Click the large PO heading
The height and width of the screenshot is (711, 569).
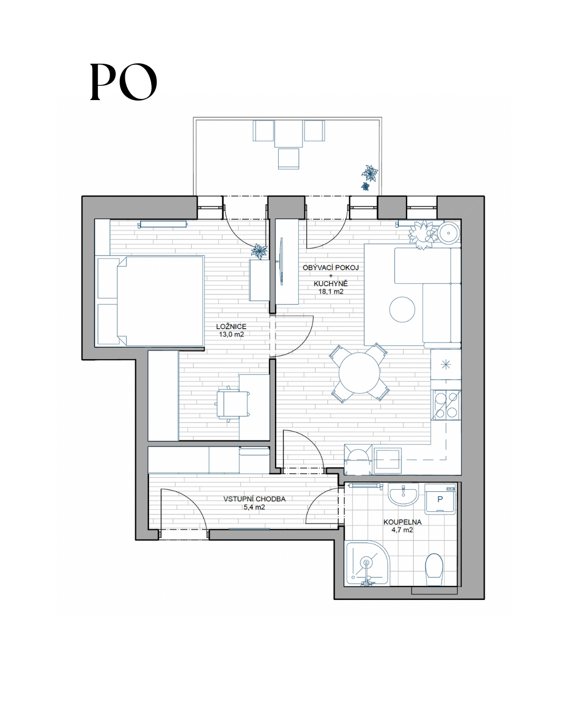(x=123, y=82)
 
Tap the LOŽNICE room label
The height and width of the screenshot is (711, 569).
(x=231, y=327)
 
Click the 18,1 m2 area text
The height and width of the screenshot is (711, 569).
(x=331, y=291)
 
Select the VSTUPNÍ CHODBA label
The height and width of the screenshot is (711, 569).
(x=254, y=499)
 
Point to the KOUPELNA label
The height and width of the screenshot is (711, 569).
(x=403, y=522)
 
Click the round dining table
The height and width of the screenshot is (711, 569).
(x=359, y=373)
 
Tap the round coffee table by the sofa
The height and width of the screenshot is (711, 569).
(x=402, y=309)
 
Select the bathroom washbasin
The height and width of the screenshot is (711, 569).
(x=403, y=494)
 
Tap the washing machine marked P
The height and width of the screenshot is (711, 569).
(x=440, y=499)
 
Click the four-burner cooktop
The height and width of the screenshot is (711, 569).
(x=446, y=405)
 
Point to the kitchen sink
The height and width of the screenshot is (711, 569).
(x=387, y=460)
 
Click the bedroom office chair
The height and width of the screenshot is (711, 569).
(x=232, y=404)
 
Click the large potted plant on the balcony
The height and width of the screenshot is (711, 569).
(x=370, y=173)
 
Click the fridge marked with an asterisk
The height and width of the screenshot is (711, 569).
(x=446, y=364)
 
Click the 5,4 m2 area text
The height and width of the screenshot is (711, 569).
(x=254, y=507)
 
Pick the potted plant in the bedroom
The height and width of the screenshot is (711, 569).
(x=259, y=251)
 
